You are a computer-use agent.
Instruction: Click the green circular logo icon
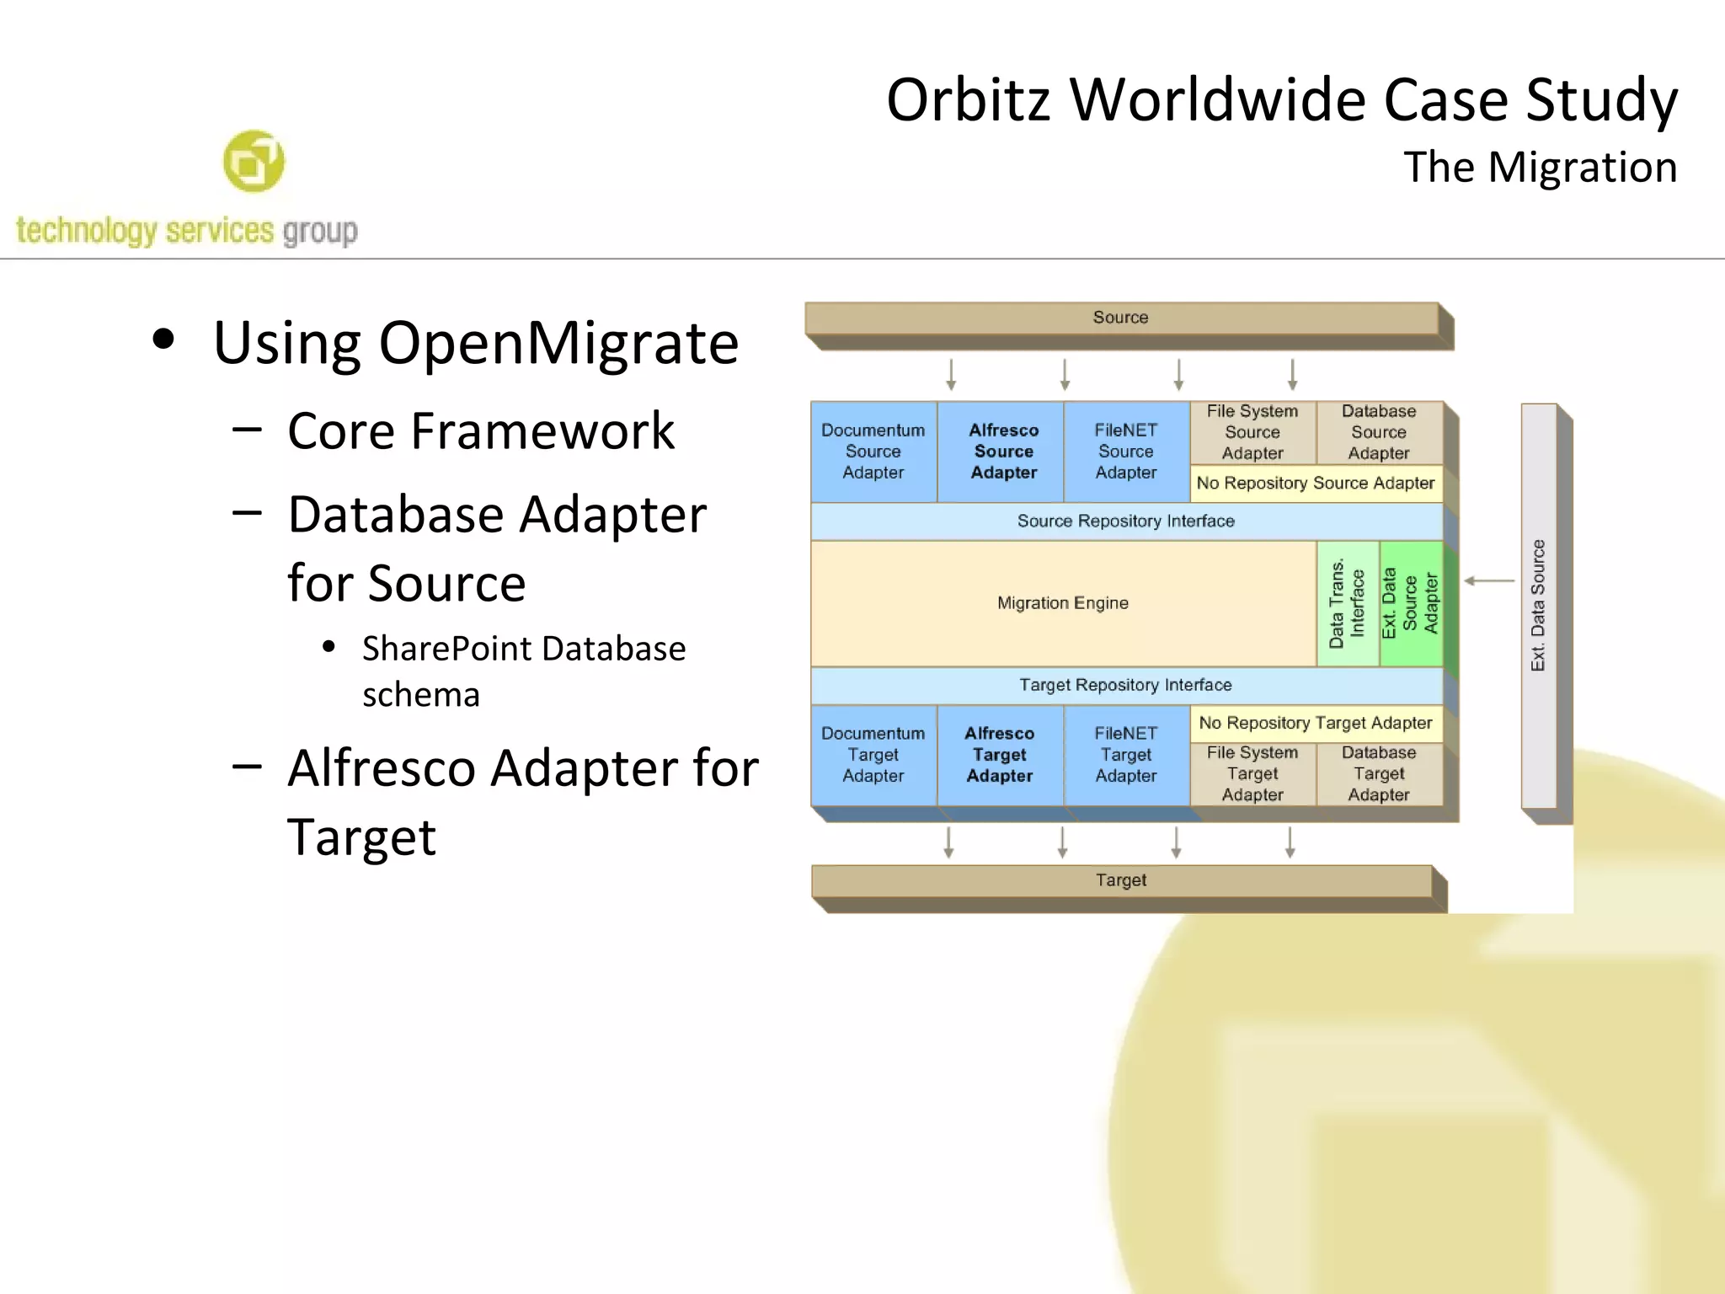coord(254,161)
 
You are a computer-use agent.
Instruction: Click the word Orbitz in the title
coord(968,100)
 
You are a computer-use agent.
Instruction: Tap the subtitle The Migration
coord(1540,167)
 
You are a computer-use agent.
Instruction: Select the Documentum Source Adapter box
coord(873,452)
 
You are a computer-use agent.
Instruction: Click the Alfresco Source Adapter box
coord(1002,452)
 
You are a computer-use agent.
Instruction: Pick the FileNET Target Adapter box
coord(1125,755)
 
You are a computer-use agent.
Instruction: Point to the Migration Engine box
coord(1062,603)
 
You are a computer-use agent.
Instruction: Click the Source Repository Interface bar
coord(1125,521)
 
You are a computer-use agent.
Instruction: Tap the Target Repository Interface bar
coord(1125,685)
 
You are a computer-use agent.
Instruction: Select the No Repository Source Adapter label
coord(1315,484)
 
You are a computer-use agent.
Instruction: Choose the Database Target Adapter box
coord(1378,773)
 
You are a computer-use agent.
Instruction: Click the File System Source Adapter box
coord(1252,432)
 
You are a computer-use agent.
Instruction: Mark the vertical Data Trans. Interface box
coord(1347,603)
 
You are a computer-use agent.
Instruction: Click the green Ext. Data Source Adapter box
coord(1410,603)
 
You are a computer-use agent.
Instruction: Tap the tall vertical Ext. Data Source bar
coord(1538,605)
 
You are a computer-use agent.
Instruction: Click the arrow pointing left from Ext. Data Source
coord(1489,580)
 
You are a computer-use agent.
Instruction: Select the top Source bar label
coord(1120,318)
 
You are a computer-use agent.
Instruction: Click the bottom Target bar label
coord(1120,880)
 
